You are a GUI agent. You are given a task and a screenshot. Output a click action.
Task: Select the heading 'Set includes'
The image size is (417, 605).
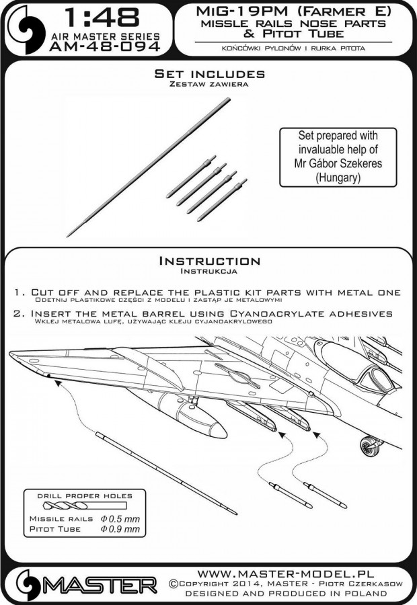click(x=208, y=73)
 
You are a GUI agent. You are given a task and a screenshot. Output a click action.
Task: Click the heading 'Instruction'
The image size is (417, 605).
click(x=208, y=261)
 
